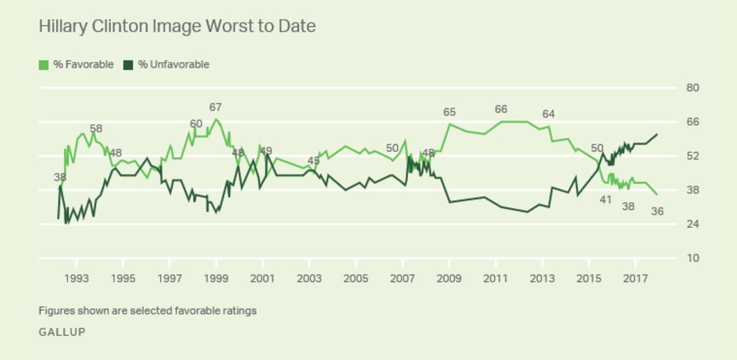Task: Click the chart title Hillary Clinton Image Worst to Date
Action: click(x=177, y=26)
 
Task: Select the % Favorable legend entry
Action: click(x=76, y=65)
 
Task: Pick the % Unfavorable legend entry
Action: click(x=166, y=65)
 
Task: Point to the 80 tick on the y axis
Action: click(x=692, y=88)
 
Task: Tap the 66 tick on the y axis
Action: click(x=692, y=122)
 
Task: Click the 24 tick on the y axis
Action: click(x=692, y=224)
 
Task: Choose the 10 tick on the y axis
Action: click(x=692, y=258)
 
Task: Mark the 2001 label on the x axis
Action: click(x=263, y=278)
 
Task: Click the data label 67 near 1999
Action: click(x=216, y=108)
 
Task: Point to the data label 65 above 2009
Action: click(x=450, y=112)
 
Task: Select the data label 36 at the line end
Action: click(x=657, y=211)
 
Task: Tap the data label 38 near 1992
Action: click(x=60, y=178)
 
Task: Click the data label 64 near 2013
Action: click(x=548, y=114)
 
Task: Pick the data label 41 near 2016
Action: click(x=606, y=199)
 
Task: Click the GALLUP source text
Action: click(x=61, y=332)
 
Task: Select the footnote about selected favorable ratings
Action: click(x=147, y=311)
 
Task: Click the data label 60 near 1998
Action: click(x=196, y=124)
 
